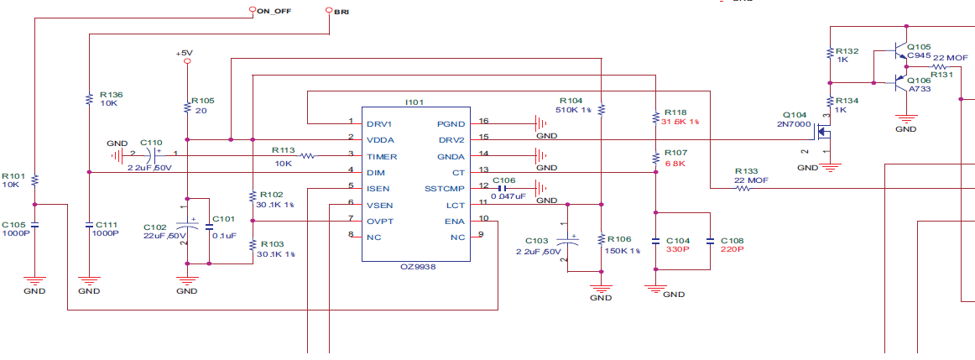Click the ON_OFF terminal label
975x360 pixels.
click(274, 12)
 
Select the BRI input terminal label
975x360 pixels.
click(342, 12)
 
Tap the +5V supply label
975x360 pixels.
click(185, 53)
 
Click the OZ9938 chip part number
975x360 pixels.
click(418, 266)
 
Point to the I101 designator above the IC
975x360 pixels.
click(415, 102)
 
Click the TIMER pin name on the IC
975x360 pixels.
click(382, 156)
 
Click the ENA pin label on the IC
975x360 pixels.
click(454, 221)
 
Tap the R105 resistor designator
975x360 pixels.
click(203, 100)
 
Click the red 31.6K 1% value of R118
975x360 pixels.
click(680, 122)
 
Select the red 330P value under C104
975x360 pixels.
click(676, 250)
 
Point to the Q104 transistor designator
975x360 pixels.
click(795, 115)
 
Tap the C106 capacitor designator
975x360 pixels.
click(503, 180)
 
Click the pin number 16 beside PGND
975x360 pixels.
click(483, 121)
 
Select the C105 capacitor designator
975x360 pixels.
click(14, 225)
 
